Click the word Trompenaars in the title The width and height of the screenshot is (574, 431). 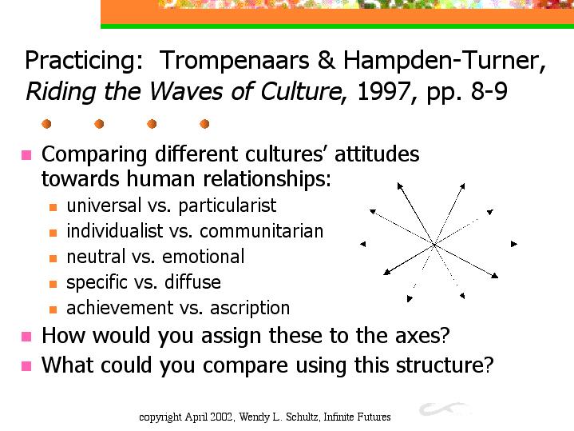pos(234,60)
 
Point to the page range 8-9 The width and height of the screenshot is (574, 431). pos(489,91)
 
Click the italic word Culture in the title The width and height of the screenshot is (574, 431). pos(301,91)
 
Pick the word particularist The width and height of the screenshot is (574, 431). pos(228,206)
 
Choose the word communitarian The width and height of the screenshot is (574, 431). pos(261,231)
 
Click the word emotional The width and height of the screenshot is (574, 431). pos(203,257)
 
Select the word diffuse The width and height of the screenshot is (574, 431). pos(192,282)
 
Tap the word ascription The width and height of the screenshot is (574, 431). pos(250,308)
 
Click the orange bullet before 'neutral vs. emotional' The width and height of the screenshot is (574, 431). pos(53,258)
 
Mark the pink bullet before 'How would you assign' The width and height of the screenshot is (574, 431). pos(26,337)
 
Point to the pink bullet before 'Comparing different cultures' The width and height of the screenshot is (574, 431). pos(26,155)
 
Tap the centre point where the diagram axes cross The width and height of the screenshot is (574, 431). pos(434,244)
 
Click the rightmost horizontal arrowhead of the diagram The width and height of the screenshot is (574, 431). pos(514,244)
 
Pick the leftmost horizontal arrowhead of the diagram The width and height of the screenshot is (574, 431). pos(362,244)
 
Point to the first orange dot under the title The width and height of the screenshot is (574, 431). pos(46,124)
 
